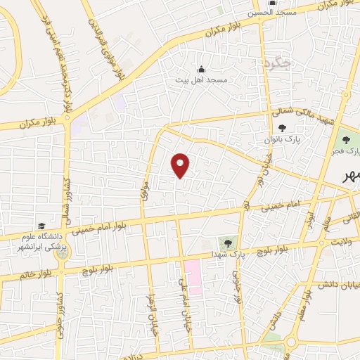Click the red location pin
coord(181,165)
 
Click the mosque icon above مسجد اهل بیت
coord(202,69)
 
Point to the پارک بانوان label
coord(282,140)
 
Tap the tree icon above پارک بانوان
coord(282,129)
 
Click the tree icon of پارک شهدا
coord(228,243)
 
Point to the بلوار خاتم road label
coord(17,274)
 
